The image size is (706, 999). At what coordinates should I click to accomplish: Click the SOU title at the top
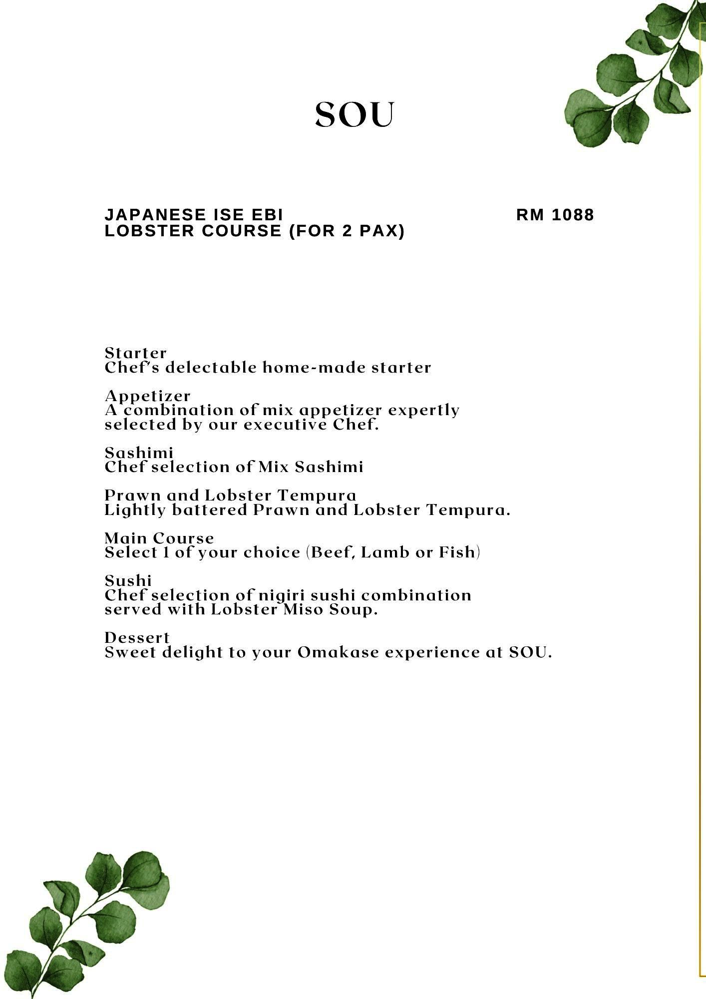354,115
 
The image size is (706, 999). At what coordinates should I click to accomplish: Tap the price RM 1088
555,215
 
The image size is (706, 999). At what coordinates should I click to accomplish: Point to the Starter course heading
135,353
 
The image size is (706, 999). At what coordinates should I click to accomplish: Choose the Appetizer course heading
147,396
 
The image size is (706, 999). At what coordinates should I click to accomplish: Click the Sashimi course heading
139,453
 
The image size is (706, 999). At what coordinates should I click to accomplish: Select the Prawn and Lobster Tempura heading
230,496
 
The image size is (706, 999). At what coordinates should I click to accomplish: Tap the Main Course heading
159,538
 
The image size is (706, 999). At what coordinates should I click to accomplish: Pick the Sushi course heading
128,581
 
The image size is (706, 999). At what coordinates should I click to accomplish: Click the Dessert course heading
137,638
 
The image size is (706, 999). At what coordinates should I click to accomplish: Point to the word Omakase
338,652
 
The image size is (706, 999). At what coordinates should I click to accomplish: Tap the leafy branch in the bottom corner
85,924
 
